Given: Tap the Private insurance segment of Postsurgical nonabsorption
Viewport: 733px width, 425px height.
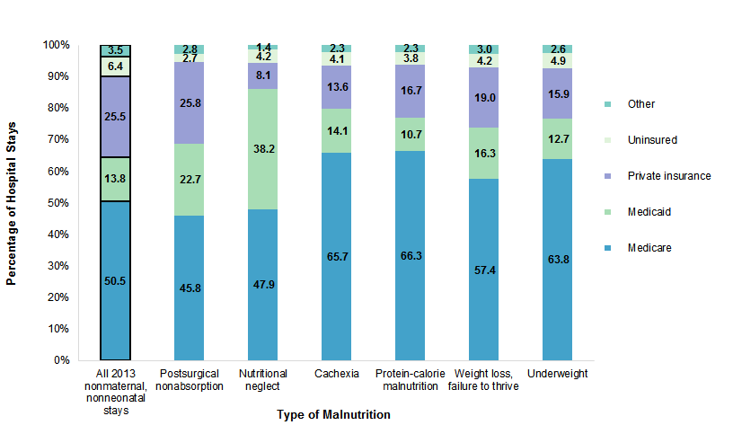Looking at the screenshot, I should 190,102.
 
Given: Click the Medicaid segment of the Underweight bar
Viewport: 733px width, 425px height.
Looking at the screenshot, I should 558,138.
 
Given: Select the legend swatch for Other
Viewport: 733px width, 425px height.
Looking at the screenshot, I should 610,104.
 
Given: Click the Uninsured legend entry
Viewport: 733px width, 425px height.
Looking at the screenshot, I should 653,140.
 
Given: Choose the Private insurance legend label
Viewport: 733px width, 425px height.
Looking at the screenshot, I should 669,176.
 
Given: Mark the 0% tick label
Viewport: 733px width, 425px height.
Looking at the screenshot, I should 61,360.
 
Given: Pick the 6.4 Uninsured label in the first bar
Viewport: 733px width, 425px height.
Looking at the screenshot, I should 116,66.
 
